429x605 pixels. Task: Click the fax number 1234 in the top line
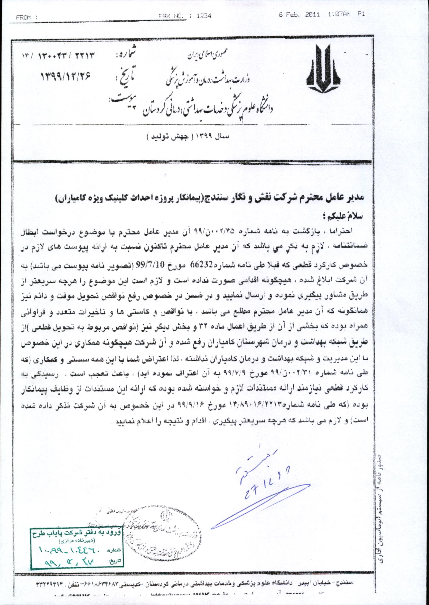(x=204, y=16)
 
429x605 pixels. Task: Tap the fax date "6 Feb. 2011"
(x=299, y=15)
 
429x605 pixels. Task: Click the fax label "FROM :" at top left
(x=26, y=18)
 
